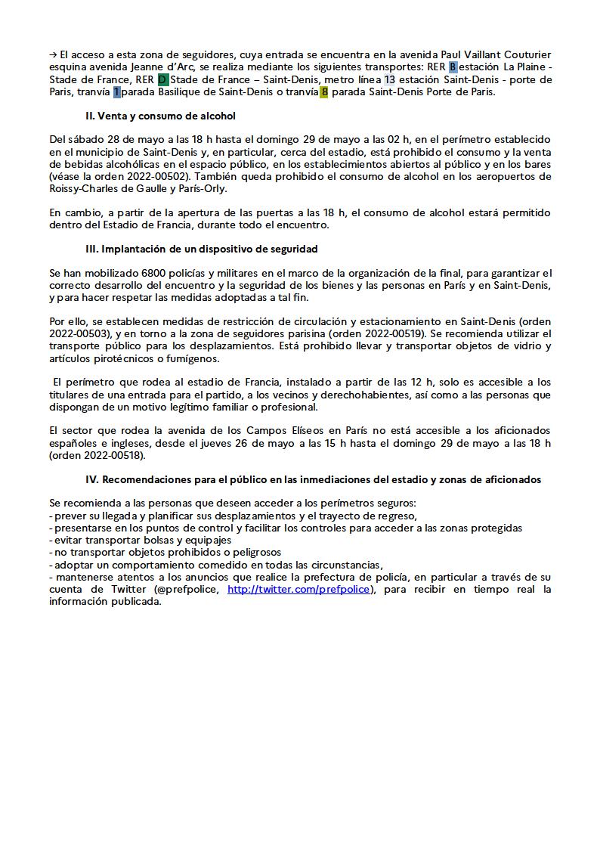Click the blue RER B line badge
click(453, 67)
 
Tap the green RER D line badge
click(162, 79)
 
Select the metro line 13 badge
click(390, 79)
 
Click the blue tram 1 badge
click(116, 92)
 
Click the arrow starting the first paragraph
click(53, 54)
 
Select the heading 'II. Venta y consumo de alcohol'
click(161, 116)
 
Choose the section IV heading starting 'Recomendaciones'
click(314, 479)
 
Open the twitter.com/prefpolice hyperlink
click(299, 589)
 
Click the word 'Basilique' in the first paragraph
click(181, 92)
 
